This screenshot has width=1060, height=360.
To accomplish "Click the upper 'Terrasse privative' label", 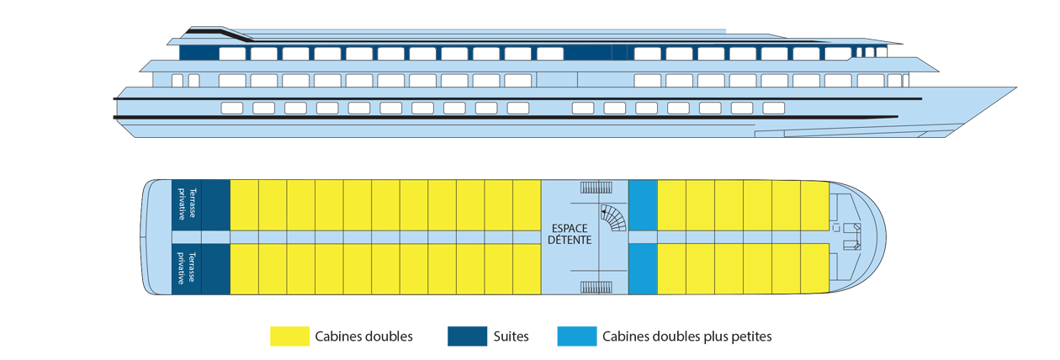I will point(187,203).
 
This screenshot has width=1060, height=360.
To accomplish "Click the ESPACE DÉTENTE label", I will point(570,234).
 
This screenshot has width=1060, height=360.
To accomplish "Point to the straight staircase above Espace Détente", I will point(596,188).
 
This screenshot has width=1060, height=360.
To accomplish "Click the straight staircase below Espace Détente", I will point(596,287).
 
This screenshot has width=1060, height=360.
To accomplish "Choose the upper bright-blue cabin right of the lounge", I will point(643,204).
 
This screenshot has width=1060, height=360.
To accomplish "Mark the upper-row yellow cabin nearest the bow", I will point(814,204).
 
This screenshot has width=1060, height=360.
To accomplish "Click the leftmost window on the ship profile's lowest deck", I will point(231,109).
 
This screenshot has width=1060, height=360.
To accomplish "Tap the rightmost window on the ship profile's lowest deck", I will point(773,109).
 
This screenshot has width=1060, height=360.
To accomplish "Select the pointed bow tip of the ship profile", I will point(1014,87).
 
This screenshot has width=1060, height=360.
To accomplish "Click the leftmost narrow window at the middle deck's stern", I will point(177,81).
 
